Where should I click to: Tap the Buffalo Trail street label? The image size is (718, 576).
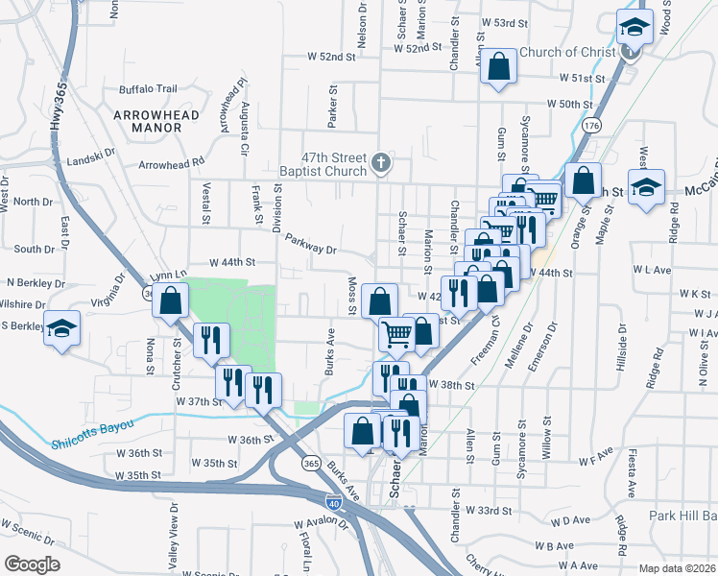point(148,89)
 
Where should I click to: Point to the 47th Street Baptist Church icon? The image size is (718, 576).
point(380,161)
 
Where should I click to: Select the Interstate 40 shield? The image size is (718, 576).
point(320,501)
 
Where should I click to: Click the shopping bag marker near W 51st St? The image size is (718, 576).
point(498,66)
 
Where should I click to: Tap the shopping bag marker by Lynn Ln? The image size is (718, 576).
point(170,300)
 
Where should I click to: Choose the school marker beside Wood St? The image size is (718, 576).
point(634,26)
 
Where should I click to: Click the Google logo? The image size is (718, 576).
point(32,564)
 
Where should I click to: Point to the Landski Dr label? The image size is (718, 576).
point(91,152)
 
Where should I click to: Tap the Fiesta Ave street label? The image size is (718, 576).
point(632,474)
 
